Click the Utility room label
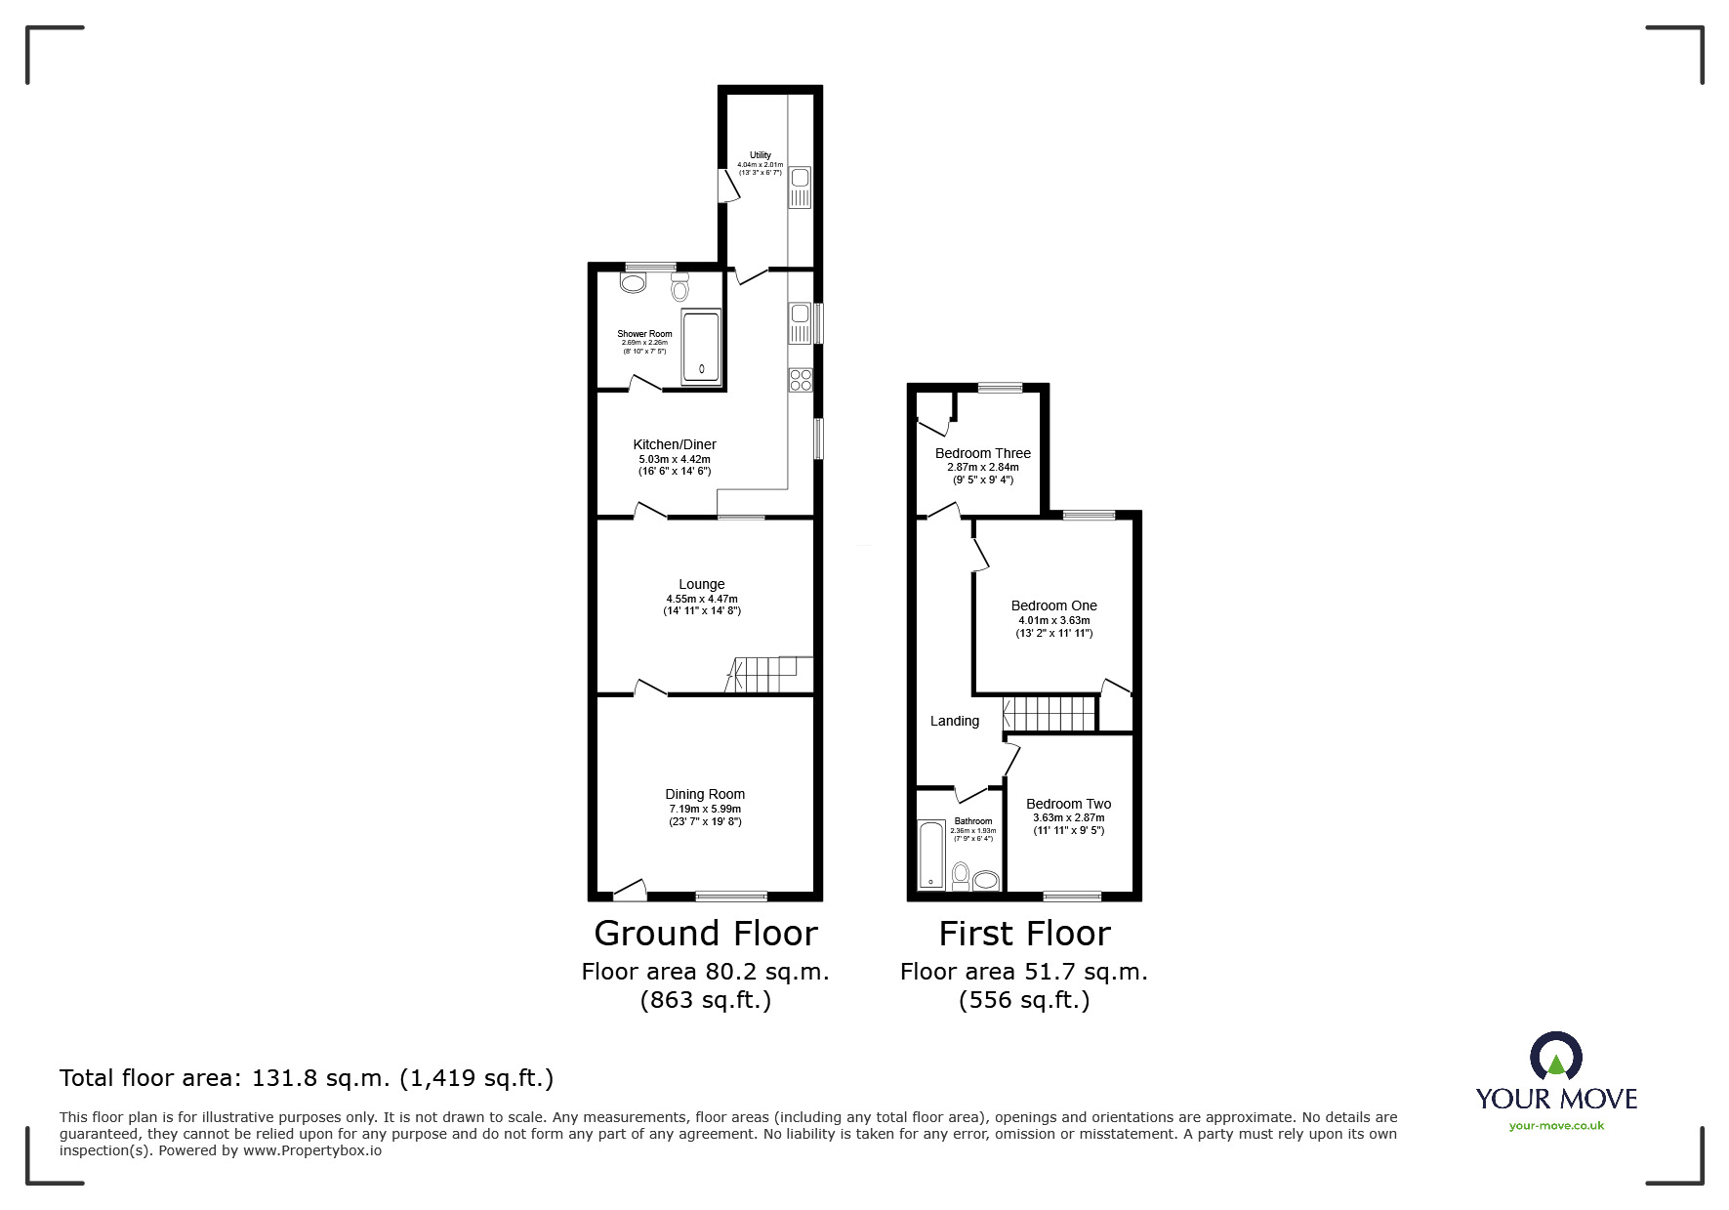[760, 155]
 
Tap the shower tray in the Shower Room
[700, 347]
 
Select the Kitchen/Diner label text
[674, 444]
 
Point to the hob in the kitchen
[801, 379]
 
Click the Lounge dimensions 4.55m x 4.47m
[701, 599]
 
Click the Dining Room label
[705, 794]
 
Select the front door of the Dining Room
[630, 890]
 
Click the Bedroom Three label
[982, 453]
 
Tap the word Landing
[954, 721]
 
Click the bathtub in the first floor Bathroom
[930, 855]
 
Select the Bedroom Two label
[1068, 804]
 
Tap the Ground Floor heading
[705, 934]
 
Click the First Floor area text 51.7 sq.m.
[1023, 972]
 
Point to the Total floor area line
[307, 1078]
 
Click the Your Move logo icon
[1555, 1059]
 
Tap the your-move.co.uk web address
[1556, 1126]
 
